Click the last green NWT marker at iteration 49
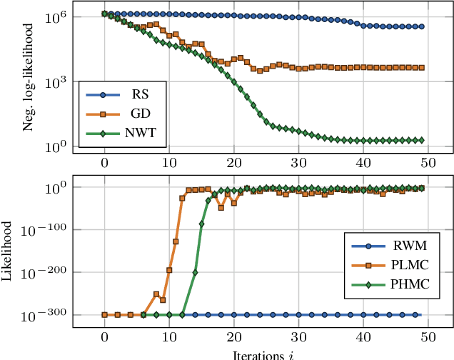(420, 140)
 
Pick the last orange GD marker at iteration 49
(420, 68)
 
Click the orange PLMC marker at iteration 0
(105, 314)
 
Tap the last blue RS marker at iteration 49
(420, 26)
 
